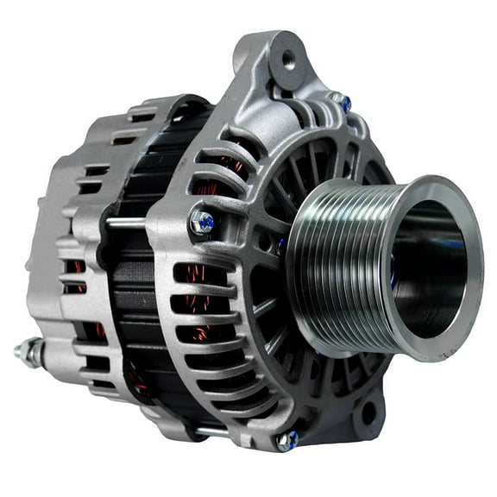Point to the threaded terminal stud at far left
[23, 351]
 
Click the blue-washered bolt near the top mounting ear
[343, 103]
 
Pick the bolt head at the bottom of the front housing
[286, 441]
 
